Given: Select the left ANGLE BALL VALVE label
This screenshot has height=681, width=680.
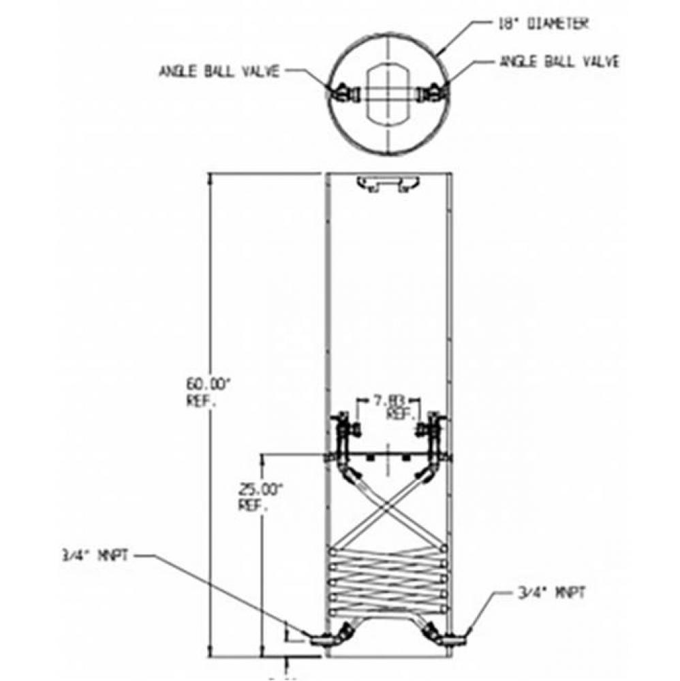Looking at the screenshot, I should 219,72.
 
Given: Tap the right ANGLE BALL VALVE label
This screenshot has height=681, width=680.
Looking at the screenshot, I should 559,61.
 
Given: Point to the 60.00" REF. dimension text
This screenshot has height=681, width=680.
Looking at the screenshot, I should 208,392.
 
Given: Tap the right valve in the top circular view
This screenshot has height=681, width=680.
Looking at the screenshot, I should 432,92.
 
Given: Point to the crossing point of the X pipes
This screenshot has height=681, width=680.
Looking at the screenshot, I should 387,505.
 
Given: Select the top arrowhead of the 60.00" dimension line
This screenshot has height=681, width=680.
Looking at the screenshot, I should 210,179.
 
